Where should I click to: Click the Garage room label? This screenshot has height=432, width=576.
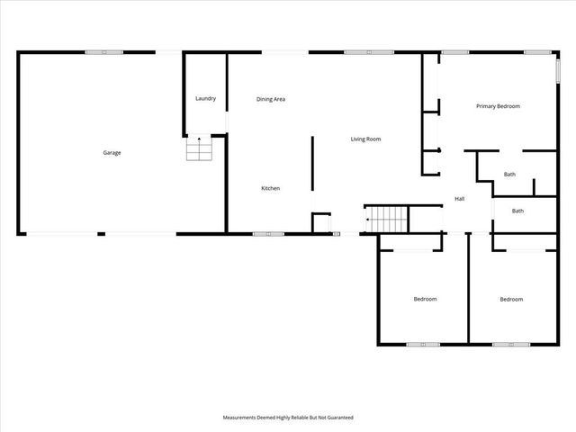(x=112, y=153)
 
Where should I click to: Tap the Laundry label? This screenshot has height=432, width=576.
(x=205, y=98)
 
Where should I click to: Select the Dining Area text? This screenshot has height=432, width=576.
(x=271, y=99)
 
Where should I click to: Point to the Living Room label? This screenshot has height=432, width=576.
(x=366, y=139)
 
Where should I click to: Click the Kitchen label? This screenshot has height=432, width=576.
(x=271, y=188)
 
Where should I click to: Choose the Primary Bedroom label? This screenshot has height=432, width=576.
(x=499, y=106)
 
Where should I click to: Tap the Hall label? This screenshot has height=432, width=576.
(x=459, y=199)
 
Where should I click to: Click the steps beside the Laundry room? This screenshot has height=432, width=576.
(x=199, y=148)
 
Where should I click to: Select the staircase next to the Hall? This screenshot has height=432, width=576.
(x=387, y=218)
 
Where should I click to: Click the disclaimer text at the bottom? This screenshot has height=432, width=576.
(x=288, y=418)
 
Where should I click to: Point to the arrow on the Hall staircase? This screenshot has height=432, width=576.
(x=368, y=219)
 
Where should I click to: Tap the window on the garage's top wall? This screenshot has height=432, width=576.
(x=104, y=52)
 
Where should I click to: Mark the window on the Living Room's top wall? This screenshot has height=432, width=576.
(x=369, y=52)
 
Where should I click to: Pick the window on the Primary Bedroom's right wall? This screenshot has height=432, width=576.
(x=556, y=72)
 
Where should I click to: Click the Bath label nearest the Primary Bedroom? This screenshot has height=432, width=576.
(x=509, y=175)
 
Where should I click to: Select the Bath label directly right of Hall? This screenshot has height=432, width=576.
(x=517, y=211)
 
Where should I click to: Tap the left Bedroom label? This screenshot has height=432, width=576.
(x=425, y=299)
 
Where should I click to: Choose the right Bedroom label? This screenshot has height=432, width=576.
(x=511, y=299)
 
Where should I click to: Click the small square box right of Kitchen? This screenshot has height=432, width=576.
(x=321, y=222)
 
